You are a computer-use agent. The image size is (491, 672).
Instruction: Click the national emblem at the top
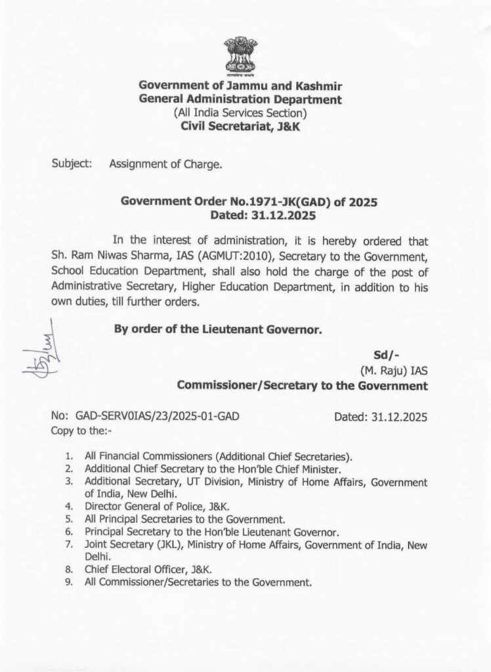point(240,56)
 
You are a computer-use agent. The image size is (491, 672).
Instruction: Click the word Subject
point(72,163)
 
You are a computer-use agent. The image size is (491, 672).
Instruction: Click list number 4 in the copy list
point(69,506)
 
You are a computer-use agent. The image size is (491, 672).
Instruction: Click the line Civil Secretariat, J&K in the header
point(240,127)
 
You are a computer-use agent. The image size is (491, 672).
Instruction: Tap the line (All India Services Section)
point(240,114)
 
